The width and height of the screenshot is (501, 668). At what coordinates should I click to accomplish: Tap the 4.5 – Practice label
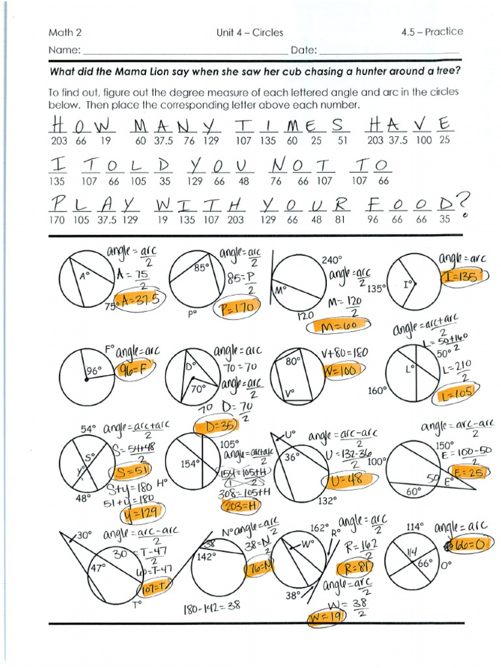click(x=432, y=31)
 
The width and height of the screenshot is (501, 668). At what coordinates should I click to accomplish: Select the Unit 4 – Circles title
click(x=245, y=32)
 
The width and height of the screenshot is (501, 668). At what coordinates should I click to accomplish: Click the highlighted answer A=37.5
click(x=138, y=299)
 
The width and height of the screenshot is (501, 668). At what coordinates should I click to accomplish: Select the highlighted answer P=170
click(x=236, y=310)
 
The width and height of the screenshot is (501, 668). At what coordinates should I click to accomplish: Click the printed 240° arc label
click(x=331, y=260)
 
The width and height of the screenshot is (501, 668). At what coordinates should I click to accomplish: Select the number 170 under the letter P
click(x=57, y=220)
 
